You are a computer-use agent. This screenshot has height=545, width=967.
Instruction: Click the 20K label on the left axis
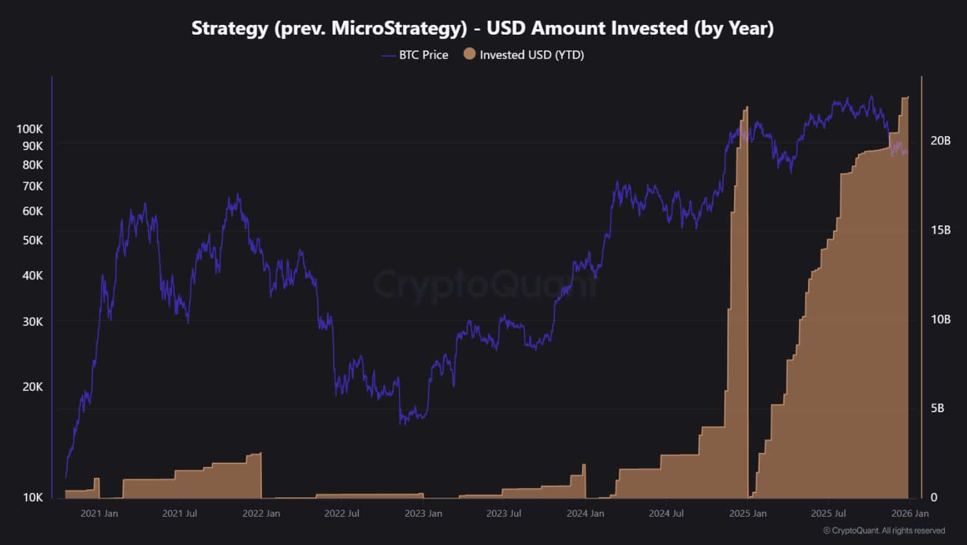[32, 387]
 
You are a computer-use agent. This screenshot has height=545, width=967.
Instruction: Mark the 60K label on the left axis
[32, 211]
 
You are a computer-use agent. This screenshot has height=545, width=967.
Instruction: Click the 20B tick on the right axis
[940, 140]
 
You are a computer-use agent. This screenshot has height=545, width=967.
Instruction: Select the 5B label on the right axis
[938, 408]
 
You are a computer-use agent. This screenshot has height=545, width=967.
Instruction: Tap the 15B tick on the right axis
[940, 230]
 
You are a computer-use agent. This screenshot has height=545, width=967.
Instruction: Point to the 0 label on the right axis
[934, 497]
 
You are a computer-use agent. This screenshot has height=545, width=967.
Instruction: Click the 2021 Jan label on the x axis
[99, 513]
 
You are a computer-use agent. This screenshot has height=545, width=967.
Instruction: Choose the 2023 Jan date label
[423, 513]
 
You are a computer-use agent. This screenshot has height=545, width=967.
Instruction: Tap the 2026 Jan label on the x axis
[910, 513]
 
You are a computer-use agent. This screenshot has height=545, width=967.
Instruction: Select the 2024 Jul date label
[666, 513]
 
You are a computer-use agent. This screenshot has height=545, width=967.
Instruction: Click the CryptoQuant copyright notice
[884, 530]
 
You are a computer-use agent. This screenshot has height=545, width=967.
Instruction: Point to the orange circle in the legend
[469, 54]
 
